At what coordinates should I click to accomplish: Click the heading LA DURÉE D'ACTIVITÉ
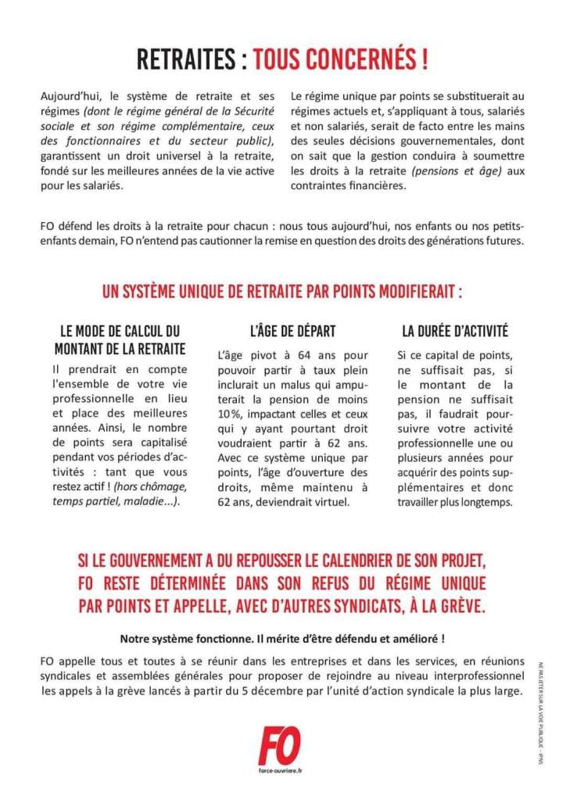click(455, 331)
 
